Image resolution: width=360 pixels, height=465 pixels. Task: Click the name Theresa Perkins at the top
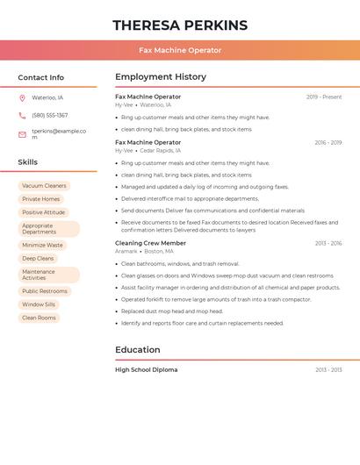180,25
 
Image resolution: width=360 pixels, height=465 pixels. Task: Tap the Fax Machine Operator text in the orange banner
180,50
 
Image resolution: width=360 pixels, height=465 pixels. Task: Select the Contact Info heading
41,77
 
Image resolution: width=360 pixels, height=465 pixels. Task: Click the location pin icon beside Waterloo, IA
22,98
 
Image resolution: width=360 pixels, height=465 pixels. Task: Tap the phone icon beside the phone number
22,116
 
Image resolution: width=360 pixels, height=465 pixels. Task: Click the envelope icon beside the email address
22,134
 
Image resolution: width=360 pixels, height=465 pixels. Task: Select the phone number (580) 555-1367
50,116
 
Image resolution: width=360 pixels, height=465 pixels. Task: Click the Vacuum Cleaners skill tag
44,186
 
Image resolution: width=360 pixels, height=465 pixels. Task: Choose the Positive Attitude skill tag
43,212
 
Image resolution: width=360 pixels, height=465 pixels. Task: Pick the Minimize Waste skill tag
42,246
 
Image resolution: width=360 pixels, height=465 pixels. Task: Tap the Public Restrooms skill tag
45,291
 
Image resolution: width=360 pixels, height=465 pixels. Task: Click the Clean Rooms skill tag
39,318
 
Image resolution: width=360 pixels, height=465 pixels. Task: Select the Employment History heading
161,77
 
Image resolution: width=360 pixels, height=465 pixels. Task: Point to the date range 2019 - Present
324,97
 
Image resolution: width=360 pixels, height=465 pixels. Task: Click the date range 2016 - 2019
328,142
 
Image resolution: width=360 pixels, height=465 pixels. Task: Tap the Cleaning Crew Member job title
150,243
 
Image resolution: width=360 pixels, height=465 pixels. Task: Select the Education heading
138,350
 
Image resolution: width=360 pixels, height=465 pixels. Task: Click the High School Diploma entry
146,370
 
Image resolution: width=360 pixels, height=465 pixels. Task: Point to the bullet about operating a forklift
216,299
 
